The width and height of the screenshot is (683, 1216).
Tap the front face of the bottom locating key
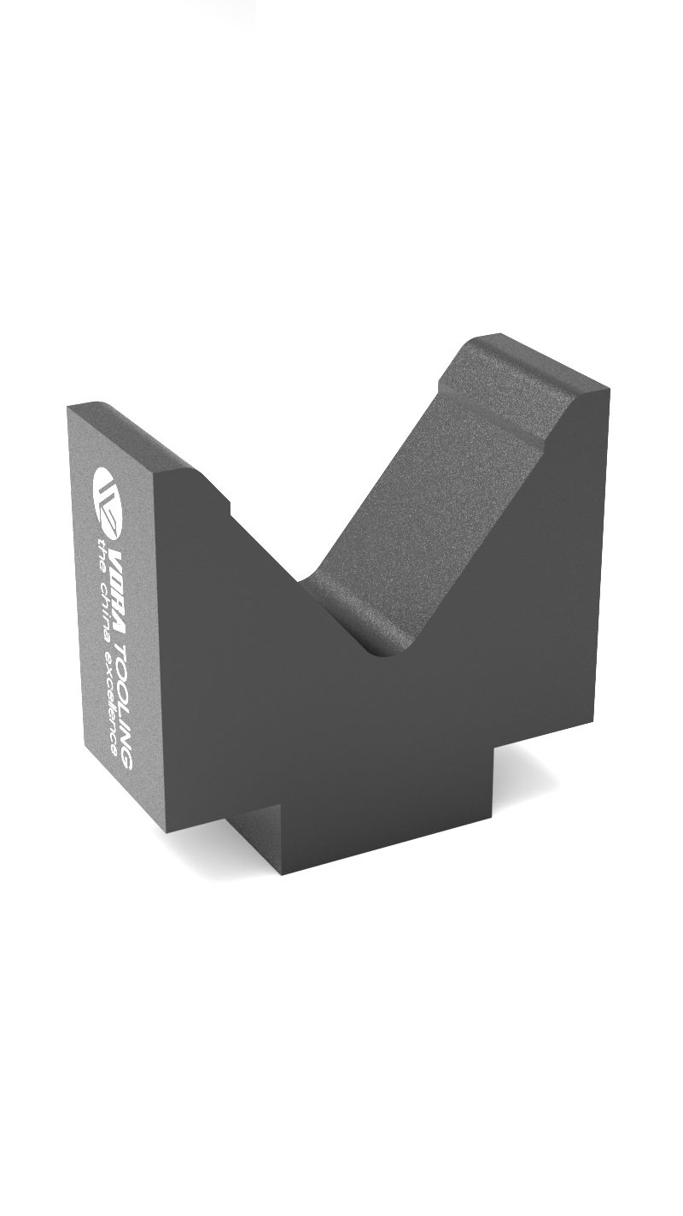pyautogui.click(x=384, y=820)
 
